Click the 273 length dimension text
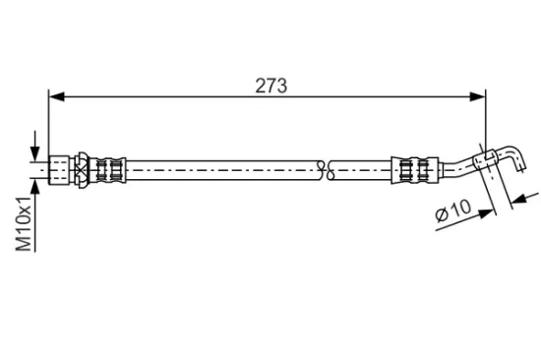pos(270,86)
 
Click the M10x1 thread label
pos(25,223)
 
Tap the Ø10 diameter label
pos(453,210)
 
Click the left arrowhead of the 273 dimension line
pos(57,97)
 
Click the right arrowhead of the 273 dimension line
pos(478,97)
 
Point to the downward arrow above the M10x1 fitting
pos(34,146)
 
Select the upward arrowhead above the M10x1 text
pos(34,188)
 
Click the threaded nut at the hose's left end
pos(59,170)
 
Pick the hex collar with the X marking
pos(82,170)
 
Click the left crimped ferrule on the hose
pos(108,170)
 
